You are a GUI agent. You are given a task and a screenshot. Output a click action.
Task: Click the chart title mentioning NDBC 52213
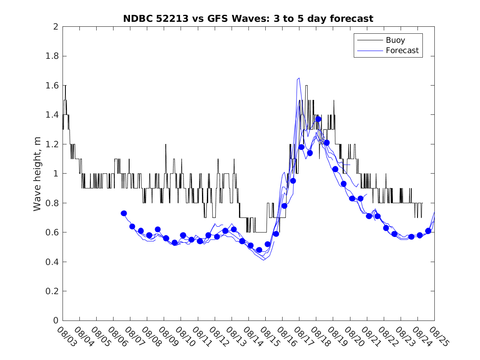point(248,19)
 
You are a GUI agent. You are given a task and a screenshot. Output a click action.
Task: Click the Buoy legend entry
point(395,40)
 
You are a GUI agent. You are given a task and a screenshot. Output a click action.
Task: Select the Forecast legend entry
point(402,51)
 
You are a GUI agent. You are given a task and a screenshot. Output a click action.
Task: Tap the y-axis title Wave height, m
point(37,174)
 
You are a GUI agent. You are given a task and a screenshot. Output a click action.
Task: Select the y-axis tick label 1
point(56,174)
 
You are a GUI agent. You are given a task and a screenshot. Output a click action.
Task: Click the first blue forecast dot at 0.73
point(124,213)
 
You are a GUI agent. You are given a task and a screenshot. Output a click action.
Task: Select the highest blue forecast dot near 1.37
point(318,119)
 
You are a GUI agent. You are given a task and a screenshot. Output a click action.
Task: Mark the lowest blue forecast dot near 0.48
point(259,250)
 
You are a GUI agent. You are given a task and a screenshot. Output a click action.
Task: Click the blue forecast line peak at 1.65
point(299,78)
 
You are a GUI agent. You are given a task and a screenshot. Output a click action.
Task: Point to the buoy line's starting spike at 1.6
point(65,86)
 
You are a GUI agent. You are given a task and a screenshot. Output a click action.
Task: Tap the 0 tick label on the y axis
point(56,321)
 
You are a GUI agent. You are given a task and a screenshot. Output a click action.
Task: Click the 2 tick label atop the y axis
point(56,27)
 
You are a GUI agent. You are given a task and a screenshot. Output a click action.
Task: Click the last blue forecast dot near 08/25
point(428,231)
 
